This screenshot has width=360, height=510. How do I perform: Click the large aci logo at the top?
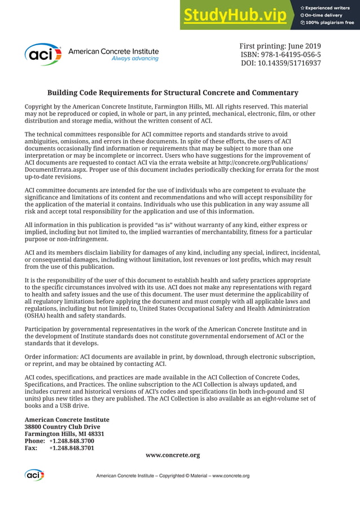pos(43,54)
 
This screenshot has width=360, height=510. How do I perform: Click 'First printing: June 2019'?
pos(280,45)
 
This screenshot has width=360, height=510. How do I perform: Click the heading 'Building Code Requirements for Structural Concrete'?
pos(173,93)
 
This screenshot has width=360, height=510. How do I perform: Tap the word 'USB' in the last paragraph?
pos(62,406)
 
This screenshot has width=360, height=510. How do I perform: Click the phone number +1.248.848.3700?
pos(72,441)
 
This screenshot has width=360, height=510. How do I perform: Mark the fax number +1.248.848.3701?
pos(72,448)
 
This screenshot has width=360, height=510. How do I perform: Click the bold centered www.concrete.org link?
pos(173,455)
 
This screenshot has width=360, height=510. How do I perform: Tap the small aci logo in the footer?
pos(34,476)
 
